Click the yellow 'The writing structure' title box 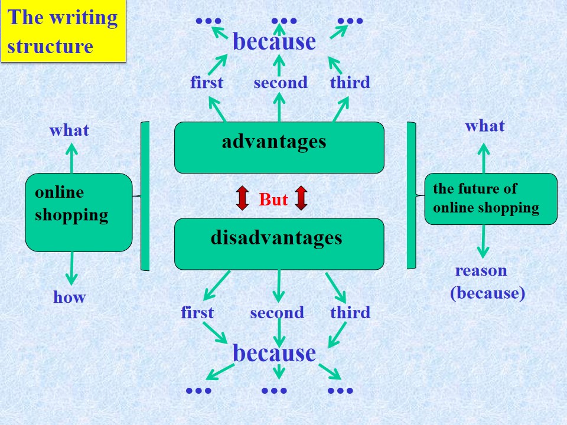(x=63, y=31)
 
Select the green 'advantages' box (x=279, y=148)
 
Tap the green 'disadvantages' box (x=279, y=244)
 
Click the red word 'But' (x=273, y=200)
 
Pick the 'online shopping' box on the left (x=79, y=212)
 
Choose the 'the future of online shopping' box (x=491, y=199)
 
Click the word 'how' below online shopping (x=70, y=297)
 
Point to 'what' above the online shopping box (x=69, y=130)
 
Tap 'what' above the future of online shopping (x=484, y=126)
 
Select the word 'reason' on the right (x=481, y=271)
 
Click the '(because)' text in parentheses (x=487, y=293)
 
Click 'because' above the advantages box (x=274, y=41)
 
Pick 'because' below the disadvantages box (x=274, y=353)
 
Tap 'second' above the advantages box (x=281, y=83)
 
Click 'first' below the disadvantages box (x=197, y=312)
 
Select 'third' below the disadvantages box (x=350, y=312)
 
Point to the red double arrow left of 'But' (x=242, y=198)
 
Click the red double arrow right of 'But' (x=301, y=198)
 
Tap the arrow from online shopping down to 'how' (x=71, y=269)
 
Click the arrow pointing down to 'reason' (x=483, y=241)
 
